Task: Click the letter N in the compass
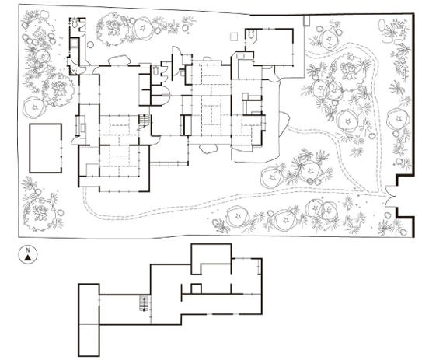27,250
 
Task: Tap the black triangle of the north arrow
27,258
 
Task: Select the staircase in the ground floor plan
145,120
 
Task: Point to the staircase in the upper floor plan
145,303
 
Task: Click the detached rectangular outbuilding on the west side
46,148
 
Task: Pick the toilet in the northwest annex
75,23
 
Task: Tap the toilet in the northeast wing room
252,34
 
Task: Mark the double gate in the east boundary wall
389,197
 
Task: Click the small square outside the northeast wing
234,37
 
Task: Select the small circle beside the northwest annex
91,44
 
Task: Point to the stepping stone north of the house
119,61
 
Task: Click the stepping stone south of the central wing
208,149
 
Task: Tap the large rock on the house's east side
284,124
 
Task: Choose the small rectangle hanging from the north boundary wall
306,20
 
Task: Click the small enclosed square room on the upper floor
196,288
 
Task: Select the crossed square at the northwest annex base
74,71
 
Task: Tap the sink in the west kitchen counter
83,128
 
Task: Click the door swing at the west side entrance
75,141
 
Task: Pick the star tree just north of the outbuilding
34,107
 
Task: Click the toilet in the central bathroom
156,71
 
